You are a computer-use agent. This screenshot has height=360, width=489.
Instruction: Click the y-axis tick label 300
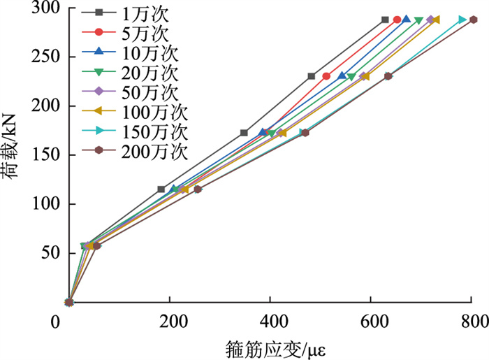44,8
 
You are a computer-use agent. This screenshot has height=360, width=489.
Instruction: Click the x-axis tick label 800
474,322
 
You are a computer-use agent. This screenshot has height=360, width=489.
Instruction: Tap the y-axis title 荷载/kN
14,155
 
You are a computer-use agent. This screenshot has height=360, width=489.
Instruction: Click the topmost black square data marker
385,20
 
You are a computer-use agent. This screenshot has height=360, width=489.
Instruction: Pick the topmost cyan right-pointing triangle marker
462,20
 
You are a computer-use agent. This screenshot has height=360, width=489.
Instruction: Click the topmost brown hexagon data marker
473,20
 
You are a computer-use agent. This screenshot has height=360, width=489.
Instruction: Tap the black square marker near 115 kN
161,189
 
